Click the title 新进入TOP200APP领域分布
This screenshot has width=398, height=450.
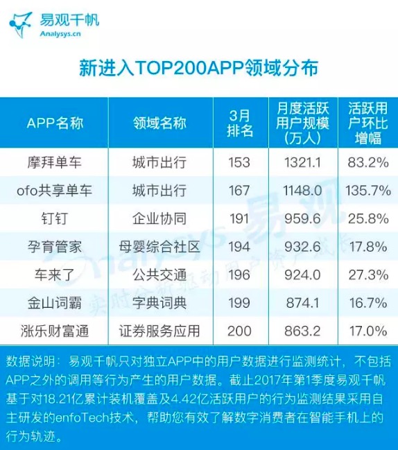point(198,68)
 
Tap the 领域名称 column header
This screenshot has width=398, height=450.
point(159,123)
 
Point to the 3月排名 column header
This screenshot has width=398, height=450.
point(239,123)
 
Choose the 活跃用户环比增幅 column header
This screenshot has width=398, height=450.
point(368,122)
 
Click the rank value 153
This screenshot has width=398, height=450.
point(239,163)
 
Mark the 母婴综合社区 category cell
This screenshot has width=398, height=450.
point(159,246)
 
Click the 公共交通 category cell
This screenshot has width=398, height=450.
point(159,274)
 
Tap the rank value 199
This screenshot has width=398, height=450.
point(239,302)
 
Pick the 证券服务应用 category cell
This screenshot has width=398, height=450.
point(159,330)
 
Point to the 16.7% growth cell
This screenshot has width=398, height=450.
point(368,302)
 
